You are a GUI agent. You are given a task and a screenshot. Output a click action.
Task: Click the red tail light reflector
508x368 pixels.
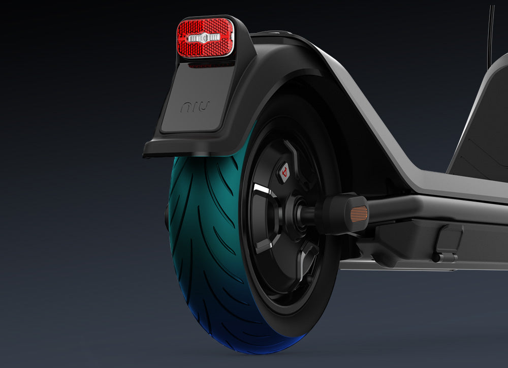pyautogui.click(x=205, y=37)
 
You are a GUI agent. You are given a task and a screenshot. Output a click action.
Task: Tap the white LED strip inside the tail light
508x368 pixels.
pyautogui.click(x=204, y=38)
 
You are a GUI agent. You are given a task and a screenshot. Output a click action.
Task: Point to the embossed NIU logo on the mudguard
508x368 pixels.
pyautogui.click(x=195, y=107)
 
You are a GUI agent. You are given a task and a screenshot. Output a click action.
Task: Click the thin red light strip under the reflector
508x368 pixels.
pyautogui.click(x=211, y=65)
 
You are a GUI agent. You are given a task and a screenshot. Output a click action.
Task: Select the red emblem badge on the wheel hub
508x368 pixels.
pyautogui.click(x=283, y=172)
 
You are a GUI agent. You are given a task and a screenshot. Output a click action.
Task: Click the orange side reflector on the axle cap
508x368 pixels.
pyautogui.click(x=359, y=213)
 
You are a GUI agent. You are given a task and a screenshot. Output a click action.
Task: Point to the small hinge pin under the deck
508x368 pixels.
pyautogui.click(x=445, y=258)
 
